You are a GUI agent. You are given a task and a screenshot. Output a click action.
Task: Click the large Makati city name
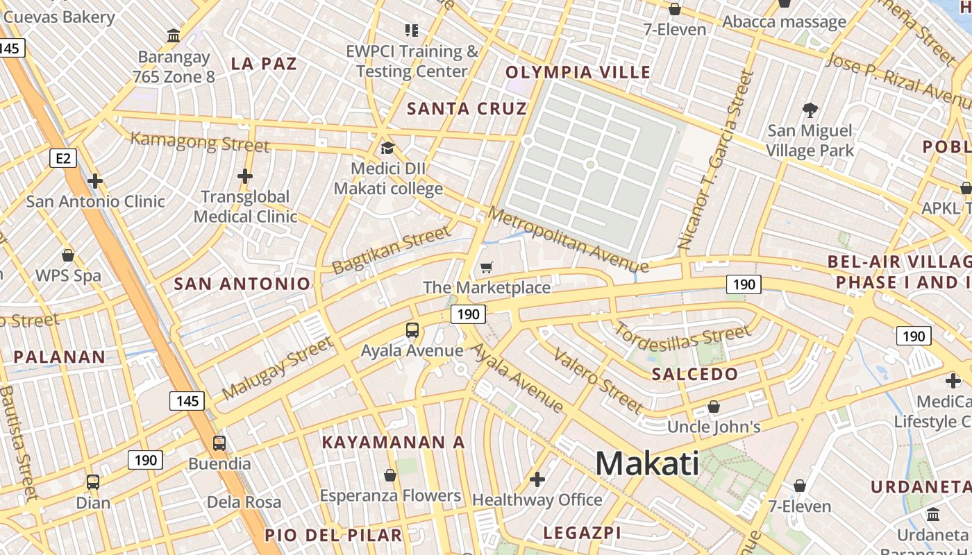pyautogui.click(x=647, y=463)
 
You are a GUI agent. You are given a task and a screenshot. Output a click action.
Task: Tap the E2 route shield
pyautogui.click(x=62, y=159)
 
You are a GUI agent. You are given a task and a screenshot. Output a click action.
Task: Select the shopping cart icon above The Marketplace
pyautogui.click(x=487, y=267)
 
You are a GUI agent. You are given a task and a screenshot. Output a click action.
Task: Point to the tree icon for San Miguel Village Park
pyautogui.click(x=810, y=110)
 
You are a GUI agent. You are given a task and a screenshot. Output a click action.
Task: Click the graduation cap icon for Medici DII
pyautogui.click(x=387, y=148)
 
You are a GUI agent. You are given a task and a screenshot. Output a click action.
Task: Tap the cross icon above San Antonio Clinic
pyautogui.click(x=95, y=181)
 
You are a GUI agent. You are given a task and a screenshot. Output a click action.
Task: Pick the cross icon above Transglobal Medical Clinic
pyautogui.click(x=244, y=176)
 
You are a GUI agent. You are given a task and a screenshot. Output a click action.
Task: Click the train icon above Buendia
pyautogui.click(x=219, y=443)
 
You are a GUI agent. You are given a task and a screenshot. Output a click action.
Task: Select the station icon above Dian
pyautogui.click(x=92, y=481)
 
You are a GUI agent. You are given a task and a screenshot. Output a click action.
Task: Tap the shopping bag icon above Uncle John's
pyautogui.click(x=714, y=407)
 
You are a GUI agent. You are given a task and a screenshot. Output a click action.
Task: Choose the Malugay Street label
pyautogui.click(x=277, y=369)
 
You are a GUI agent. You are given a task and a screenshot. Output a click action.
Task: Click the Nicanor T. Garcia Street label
pyautogui.click(x=716, y=160)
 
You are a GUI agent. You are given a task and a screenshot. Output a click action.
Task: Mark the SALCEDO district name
pyautogui.click(x=695, y=375)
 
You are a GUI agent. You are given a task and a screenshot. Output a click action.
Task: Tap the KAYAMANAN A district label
pyautogui.click(x=393, y=442)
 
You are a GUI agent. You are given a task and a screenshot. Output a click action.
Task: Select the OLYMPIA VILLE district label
pyautogui.click(x=578, y=72)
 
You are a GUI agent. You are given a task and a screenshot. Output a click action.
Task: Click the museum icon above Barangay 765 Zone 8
pyautogui.click(x=174, y=35)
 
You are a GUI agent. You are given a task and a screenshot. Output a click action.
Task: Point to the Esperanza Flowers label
pyautogui.click(x=390, y=495)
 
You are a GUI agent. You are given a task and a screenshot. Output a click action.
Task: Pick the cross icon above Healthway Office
pyautogui.click(x=537, y=479)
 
